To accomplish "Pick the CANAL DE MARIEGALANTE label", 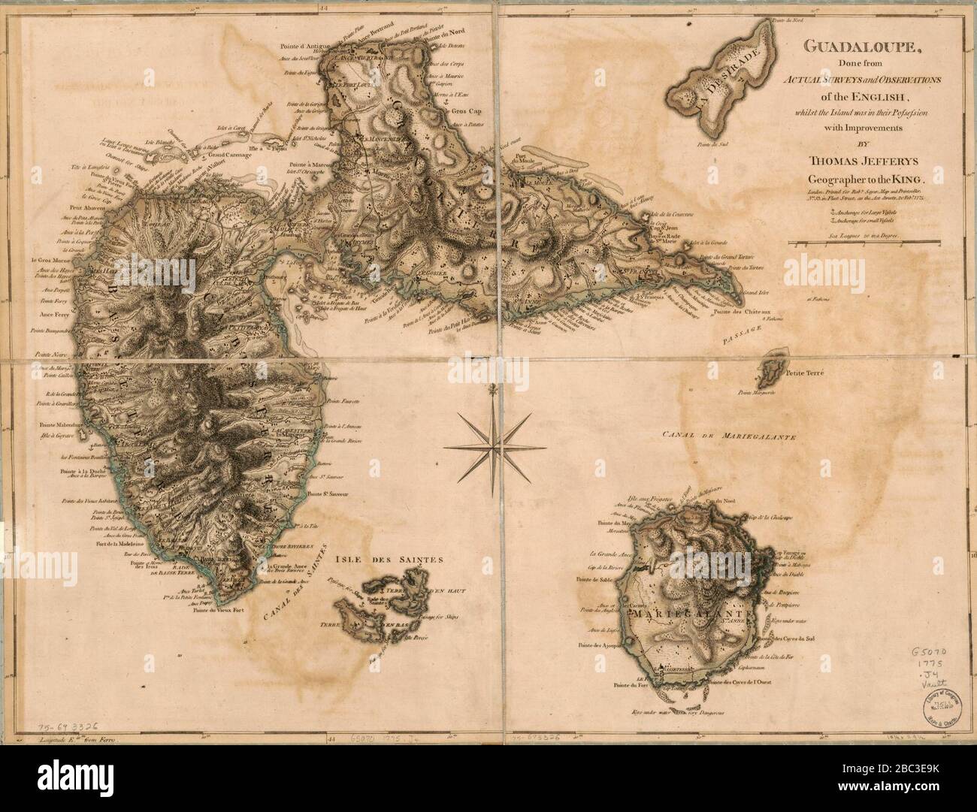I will (729, 436).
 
